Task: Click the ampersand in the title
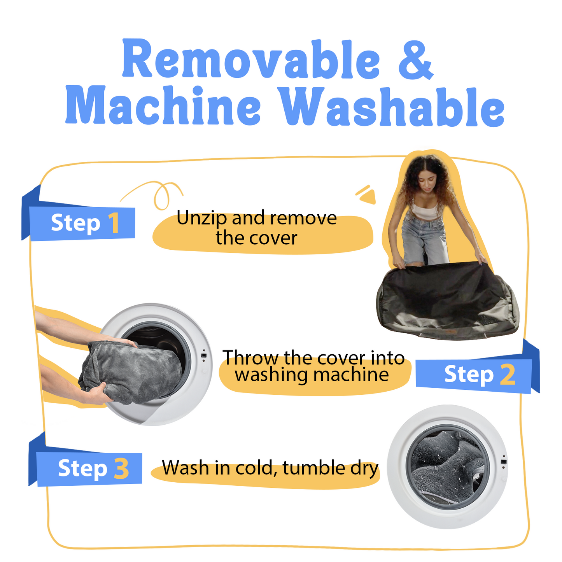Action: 416,60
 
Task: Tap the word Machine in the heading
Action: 163,105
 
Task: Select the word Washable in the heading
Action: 391,106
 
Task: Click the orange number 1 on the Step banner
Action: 114,223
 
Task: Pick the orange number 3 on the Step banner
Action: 121,469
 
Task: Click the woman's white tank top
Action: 425,210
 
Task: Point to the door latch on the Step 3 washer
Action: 503,462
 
